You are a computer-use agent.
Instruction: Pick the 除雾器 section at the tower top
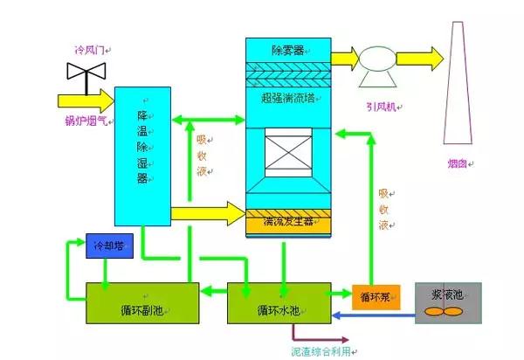click(288, 51)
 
